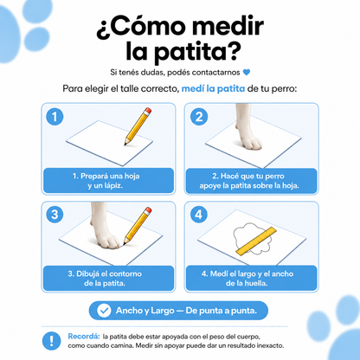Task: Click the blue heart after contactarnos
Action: (247, 72)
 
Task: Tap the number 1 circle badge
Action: (55, 117)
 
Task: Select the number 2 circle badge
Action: (199, 117)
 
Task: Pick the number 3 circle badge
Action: (55, 215)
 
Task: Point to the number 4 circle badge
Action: (199, 215)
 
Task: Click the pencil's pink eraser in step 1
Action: (148, 111)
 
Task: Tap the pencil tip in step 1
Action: (125, 144)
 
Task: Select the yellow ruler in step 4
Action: (256, 241)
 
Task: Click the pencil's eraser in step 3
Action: (148, 210)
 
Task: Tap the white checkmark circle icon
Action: (104, 311)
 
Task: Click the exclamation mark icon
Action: (51, 341)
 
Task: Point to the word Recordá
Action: (84, 337)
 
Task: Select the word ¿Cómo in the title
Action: (141, 27)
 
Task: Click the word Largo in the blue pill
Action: (163, 311)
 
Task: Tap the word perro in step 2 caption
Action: (274, 177)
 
